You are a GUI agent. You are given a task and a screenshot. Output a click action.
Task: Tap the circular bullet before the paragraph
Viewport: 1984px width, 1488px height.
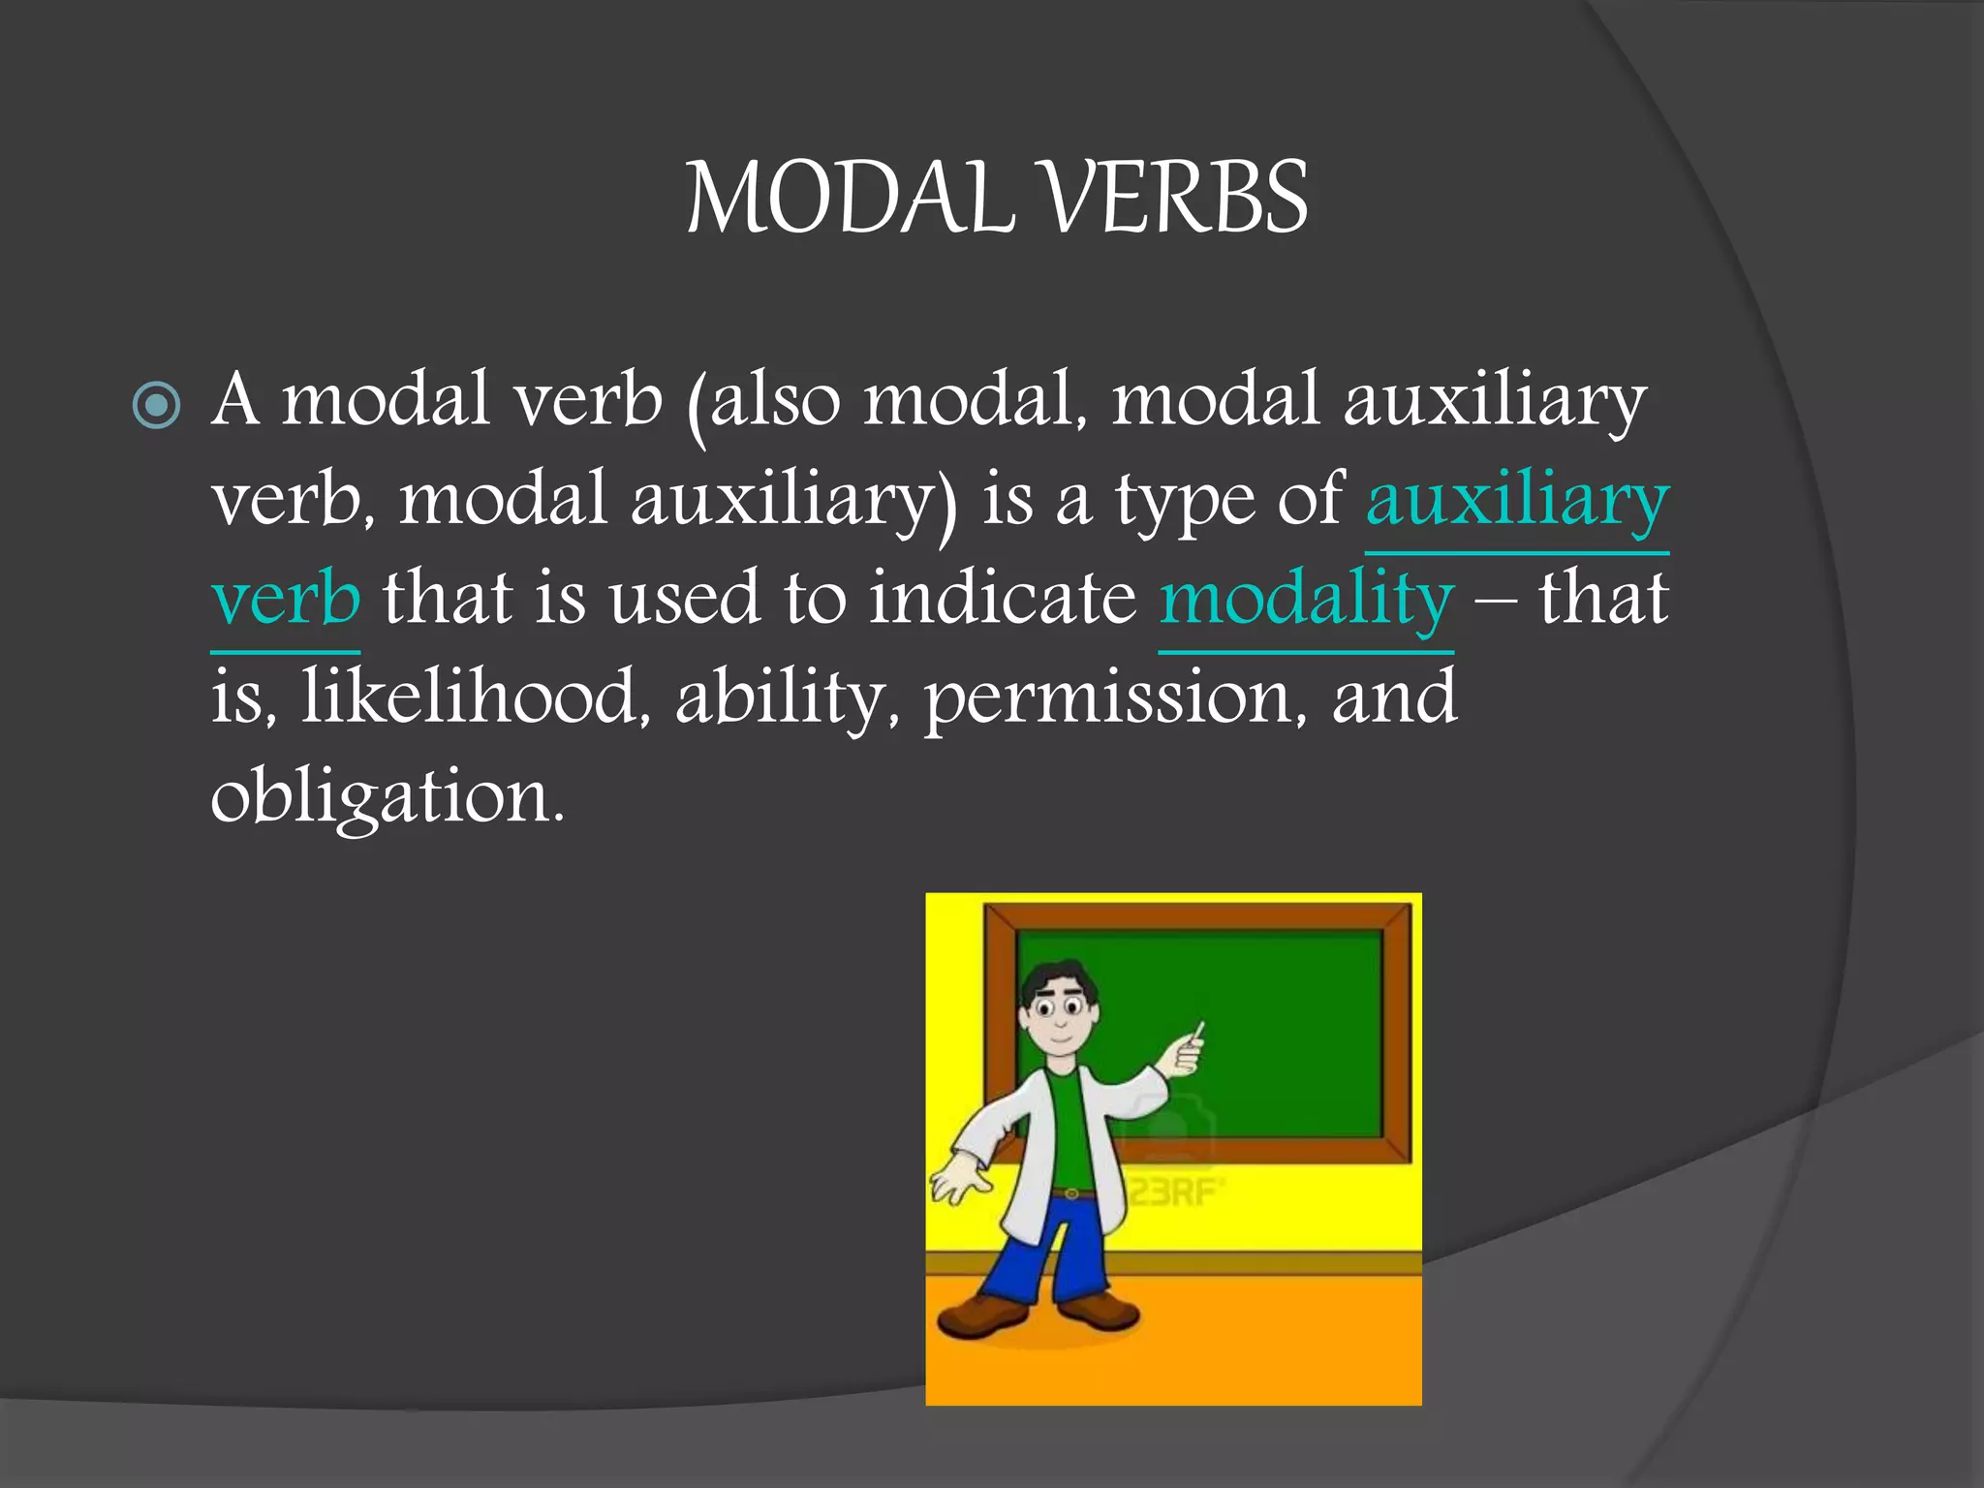pos(156,405)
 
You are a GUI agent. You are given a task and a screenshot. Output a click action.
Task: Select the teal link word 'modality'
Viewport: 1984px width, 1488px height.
pos(1306,598)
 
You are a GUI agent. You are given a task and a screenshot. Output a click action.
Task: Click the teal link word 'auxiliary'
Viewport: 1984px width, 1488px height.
pos(1517,499)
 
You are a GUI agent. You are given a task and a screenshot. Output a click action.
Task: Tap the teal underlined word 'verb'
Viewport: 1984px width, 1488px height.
pos(286,598)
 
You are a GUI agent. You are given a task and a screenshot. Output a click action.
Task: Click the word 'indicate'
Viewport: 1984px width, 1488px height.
pos(1002,598)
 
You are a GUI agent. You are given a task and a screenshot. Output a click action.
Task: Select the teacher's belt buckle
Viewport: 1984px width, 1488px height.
pos(1071,1193)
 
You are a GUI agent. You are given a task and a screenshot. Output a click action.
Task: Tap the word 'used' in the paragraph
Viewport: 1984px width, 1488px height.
pos(683,598)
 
